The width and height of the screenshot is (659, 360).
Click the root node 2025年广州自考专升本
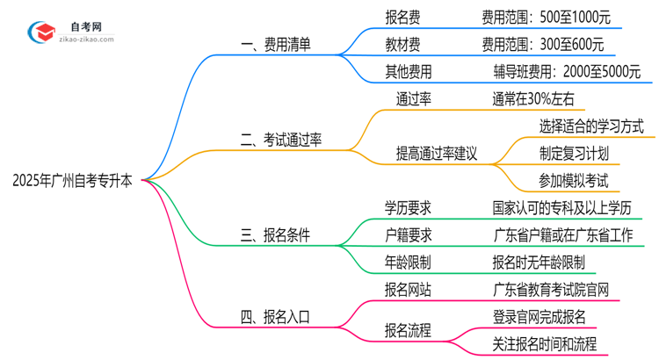73,181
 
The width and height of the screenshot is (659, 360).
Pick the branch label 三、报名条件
274,234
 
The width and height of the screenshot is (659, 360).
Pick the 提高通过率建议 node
437,153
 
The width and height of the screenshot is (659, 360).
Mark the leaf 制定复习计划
574,153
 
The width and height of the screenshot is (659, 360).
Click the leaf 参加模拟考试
574,181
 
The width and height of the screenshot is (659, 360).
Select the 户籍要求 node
408,234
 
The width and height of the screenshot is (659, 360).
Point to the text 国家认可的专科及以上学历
562,208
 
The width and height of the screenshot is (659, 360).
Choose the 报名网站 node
408,289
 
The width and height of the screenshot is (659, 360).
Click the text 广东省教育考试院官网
550,289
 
